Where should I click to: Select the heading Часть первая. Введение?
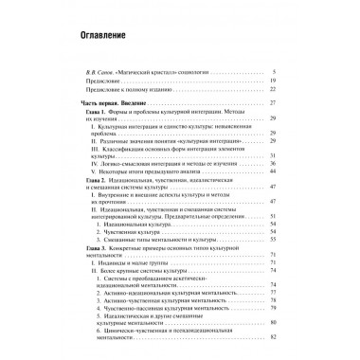118,101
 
